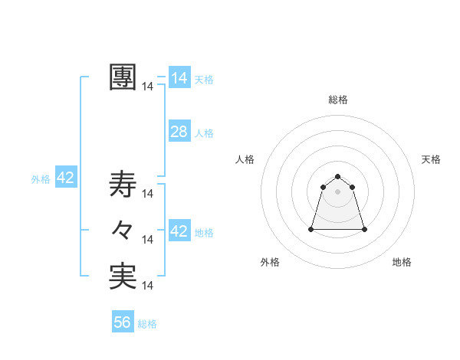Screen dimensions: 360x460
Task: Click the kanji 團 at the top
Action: click(x=123, y=77)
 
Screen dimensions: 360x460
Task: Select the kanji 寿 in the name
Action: click(x=123, y=184)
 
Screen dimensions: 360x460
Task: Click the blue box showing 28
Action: click(x=179, y=132)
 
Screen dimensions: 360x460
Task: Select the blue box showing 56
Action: click(x=123, y=322)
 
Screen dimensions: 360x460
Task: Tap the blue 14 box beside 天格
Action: click(x=179, y=78)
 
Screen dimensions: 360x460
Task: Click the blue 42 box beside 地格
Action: click(x=179, y=231)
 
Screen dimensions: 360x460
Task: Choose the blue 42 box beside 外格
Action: click(x=65, y=178)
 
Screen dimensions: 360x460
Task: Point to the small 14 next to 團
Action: click(x=148, y=87)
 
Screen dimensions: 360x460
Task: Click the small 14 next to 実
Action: click(x=148, y=286)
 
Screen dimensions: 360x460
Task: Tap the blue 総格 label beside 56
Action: click(x=147, y=324)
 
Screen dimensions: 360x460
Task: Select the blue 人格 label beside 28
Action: click(x=204, y=133)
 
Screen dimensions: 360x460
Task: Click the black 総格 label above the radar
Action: click(x=338, y=100)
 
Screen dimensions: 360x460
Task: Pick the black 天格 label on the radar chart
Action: click(x=432, y=159)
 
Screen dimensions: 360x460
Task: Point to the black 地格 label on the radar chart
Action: click(x=402, y=262)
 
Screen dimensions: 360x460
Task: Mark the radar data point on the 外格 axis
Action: click(x=312, y=229)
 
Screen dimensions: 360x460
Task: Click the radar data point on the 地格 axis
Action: click(x=364, y=229)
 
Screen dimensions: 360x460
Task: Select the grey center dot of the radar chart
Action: click(x=338, y=191)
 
